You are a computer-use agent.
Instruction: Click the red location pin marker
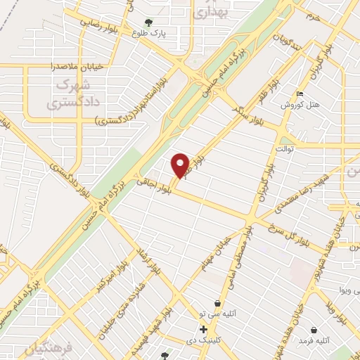tap(181, 165)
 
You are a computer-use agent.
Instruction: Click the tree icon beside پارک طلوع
tap(148, 22)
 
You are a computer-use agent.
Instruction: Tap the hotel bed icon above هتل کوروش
tap(301, 94)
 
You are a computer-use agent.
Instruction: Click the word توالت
tap(284, 149)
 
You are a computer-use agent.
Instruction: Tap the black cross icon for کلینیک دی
tap(203, 329)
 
